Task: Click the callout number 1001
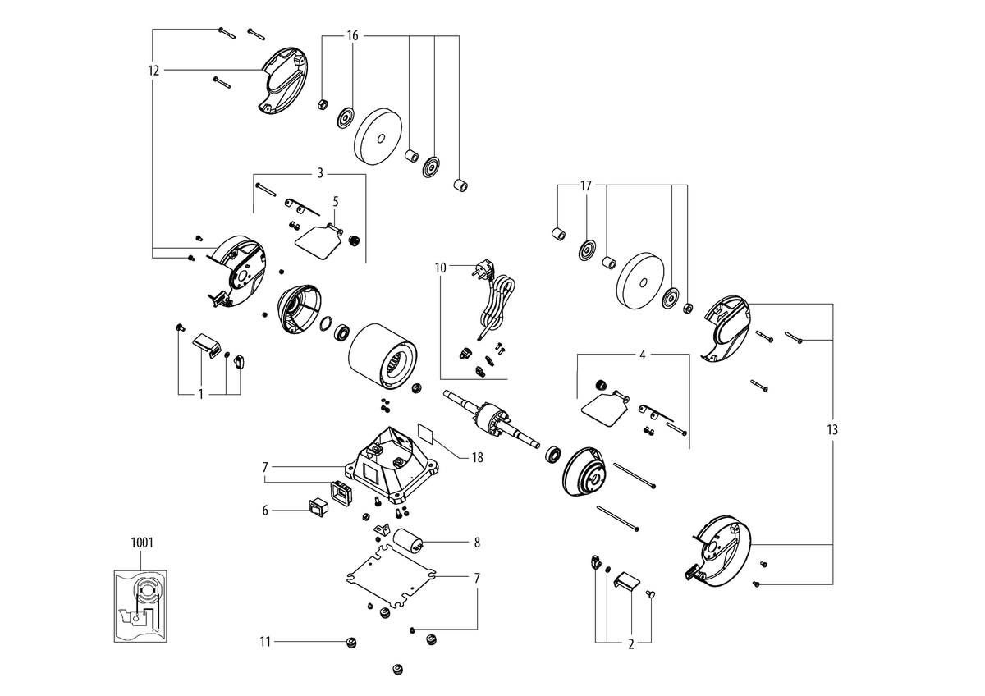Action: click(142, 543)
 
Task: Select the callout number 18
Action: click(477, 458)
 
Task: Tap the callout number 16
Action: click(353, 35)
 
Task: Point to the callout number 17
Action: click(586, 186)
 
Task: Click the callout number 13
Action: click(832, 429)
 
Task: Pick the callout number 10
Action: click(440, 268)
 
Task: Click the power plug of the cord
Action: click(483, 268)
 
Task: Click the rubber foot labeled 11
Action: click(351, 643)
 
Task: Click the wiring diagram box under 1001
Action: click(140, 606)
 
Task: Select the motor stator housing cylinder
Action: click(383, 356)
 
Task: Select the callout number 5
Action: click(336, 202)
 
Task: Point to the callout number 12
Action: click(153, 71)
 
